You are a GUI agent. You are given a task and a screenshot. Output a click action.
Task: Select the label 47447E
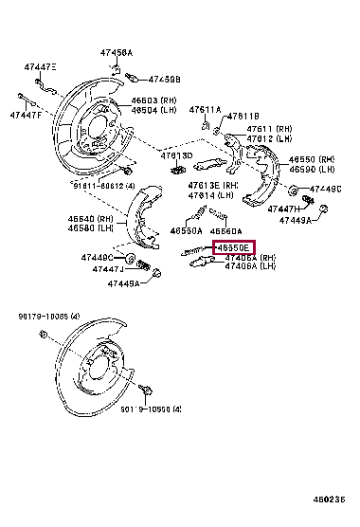(x=40, y=67)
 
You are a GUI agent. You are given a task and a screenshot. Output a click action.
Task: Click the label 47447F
(x=26, y=115)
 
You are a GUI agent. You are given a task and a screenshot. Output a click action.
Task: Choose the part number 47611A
(x=205, y=110)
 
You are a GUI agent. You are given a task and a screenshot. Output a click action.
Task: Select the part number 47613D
(x=176, y=154)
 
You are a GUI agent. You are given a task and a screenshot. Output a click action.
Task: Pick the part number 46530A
(x=186, y=229)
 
